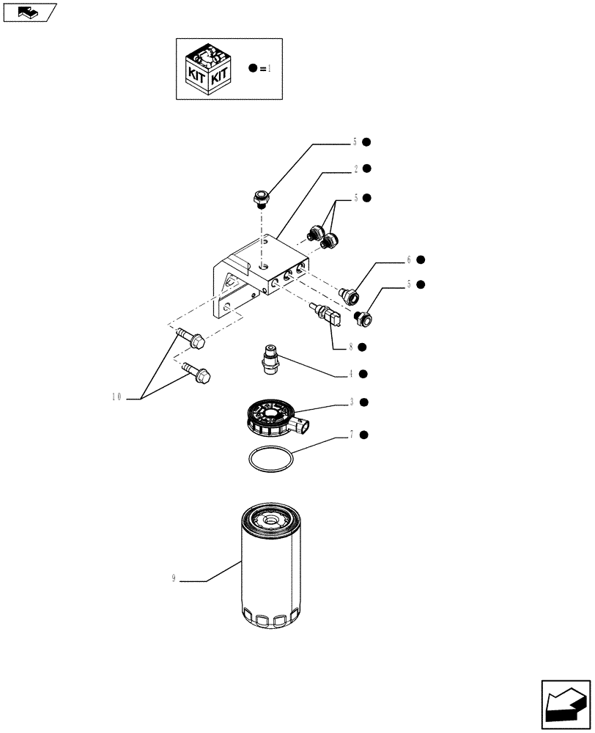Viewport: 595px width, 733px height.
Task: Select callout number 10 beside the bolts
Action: pos(117,397)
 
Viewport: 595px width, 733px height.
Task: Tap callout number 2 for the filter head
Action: pos(355,169)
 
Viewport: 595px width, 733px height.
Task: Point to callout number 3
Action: pos(352,402)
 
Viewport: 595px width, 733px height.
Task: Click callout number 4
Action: pos(352,374)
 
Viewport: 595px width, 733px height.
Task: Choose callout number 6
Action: pos(409,260)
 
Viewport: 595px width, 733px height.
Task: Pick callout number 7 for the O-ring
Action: pos(352,435)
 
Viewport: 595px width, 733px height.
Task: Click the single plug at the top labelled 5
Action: pos(259,196)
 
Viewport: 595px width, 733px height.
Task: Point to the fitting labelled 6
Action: pos(350,295)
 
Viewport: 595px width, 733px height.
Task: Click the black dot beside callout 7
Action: pos(364,435)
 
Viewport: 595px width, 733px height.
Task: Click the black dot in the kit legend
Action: pos(252,68)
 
